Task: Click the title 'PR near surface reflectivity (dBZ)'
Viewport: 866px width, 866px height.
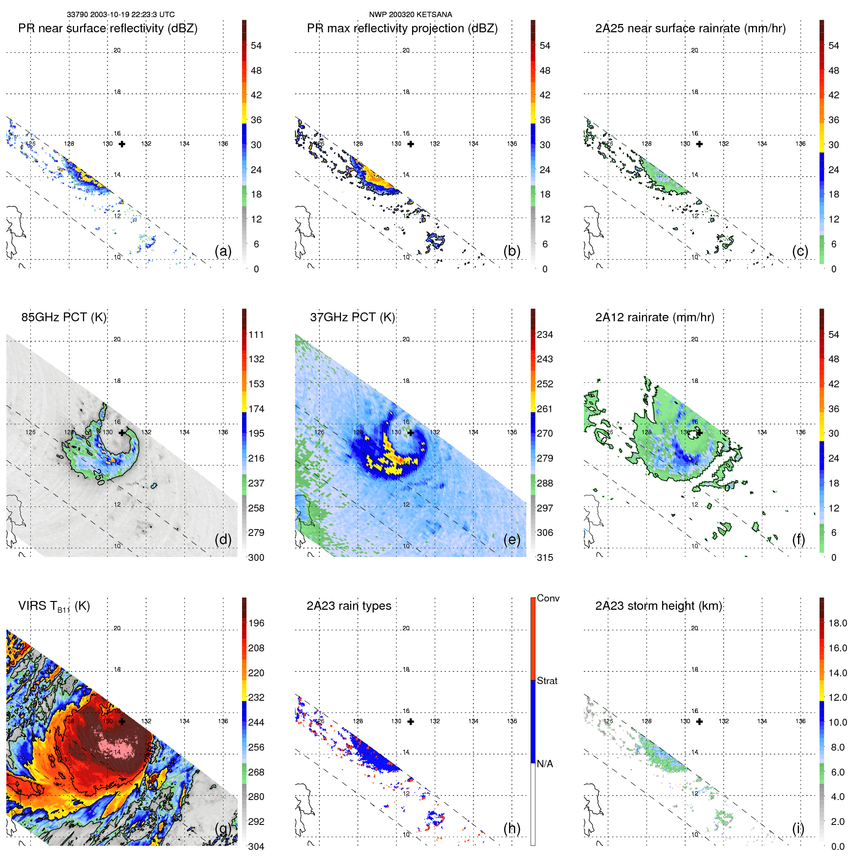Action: [108, 28]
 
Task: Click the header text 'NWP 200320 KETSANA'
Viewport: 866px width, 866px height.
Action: [410, 15]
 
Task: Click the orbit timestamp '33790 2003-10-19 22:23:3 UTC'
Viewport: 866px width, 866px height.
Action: [121, 15]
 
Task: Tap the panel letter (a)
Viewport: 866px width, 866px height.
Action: [223, 251]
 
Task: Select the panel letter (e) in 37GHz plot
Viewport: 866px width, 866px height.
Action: [512, 539]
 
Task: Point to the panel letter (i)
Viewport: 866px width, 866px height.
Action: [799, 828]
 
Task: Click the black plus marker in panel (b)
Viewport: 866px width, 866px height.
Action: [411, 144]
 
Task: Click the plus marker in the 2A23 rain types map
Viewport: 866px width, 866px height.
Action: [411, 721]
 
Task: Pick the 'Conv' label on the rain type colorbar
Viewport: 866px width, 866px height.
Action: [548, 598]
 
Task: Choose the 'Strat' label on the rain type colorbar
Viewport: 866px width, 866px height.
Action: [547, 681]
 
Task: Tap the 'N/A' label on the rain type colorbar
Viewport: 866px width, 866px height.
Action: [545, 764]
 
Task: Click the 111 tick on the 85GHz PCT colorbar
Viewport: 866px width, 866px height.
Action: [256, 334]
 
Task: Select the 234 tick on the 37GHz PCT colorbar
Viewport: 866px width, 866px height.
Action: [545, 334]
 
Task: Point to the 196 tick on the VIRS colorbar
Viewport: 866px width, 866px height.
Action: [256, 623]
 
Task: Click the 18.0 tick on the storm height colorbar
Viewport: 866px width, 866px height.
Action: [838, 623]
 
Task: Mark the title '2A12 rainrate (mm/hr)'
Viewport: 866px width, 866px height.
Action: [654, 317]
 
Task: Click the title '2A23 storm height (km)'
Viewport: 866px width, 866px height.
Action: [658, 606]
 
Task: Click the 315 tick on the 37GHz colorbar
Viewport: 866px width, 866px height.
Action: [545, 557]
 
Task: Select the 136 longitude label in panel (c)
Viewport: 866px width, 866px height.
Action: [800, 144]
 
